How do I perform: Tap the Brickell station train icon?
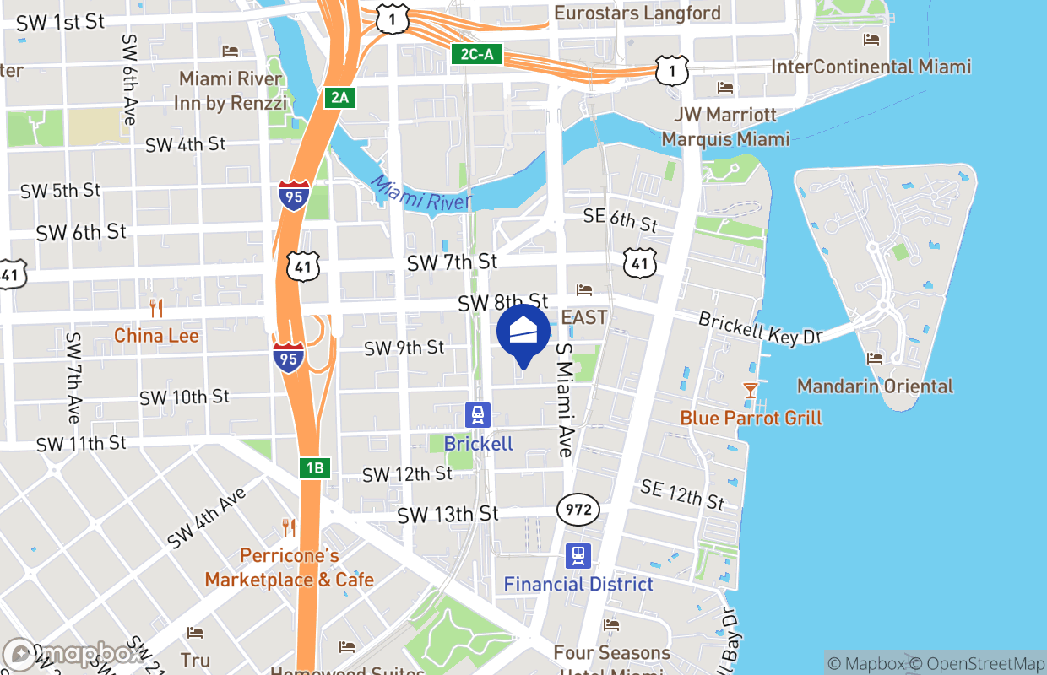478,415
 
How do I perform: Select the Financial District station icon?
578,555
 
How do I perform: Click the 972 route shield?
578,510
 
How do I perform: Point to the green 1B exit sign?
314,468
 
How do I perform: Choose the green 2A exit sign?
339,98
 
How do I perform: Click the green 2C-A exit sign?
476,56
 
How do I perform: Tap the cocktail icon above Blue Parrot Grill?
750,390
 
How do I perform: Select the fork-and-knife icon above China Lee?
155,308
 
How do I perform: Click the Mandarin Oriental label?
875,386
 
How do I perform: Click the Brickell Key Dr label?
760,328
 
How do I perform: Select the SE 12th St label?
682,494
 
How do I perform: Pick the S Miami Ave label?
564,400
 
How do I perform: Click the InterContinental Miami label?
871,67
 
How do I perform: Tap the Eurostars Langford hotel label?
637,13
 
